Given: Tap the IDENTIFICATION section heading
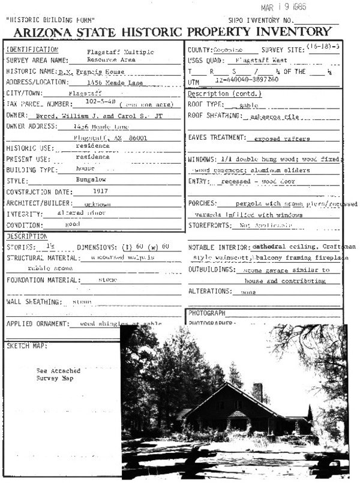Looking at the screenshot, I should click(x=32, y=49).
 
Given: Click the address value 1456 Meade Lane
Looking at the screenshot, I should click(x=106, y=82).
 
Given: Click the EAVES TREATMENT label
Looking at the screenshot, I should click(x=217, y=138).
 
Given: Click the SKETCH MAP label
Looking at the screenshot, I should click(x=26, y=346).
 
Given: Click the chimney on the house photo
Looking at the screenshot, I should click(x=257, y=392).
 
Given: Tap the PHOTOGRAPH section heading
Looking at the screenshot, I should click(x=206, y=313).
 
